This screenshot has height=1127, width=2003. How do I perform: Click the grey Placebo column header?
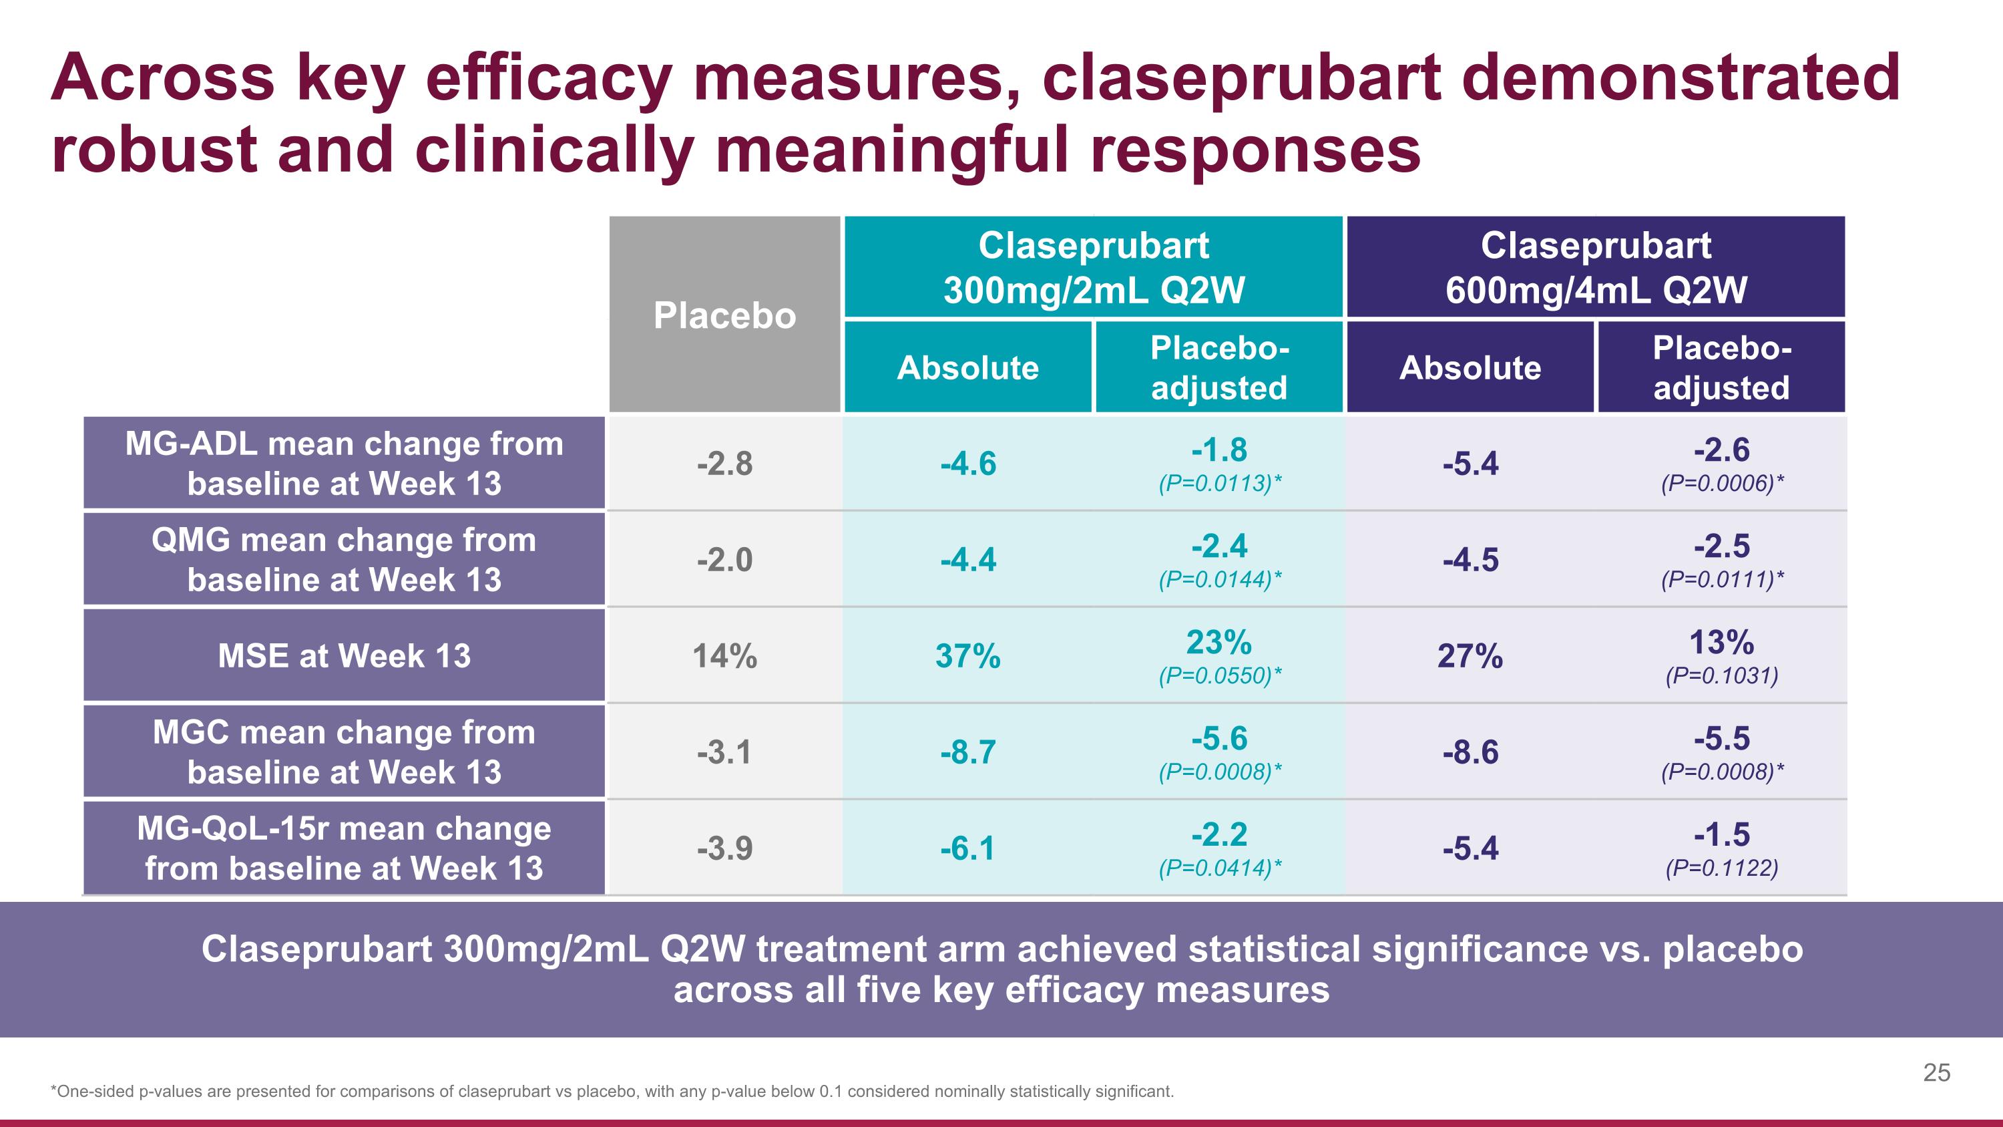click(x=724, y=315)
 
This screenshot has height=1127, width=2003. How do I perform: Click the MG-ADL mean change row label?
click(x=344, y=463)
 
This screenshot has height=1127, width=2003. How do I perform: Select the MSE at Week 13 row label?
click(x=344, y=655)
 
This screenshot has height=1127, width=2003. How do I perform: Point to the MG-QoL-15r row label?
click(x=344, y=848)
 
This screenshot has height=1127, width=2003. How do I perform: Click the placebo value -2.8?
click(x=724, y=464)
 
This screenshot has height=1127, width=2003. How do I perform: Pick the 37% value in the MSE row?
click(x=967, y=657)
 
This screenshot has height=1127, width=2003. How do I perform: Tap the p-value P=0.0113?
click(x=1219, y=484)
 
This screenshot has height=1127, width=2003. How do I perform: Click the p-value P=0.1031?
click(x=1721, y=676)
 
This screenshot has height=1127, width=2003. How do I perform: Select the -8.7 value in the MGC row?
click(x=967, y=752)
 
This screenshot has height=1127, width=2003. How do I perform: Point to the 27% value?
click(x=1470, y=657)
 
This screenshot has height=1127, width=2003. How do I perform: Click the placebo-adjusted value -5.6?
click(x=1219, y=738)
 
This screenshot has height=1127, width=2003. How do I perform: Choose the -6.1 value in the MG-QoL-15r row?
click(x=967, y=848)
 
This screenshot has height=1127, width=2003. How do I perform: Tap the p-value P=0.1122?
click(x=1721, y=868)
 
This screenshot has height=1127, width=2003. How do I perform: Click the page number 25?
click(x=1936, y=1073)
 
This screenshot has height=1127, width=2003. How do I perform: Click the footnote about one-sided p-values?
click(x=612, y=1091)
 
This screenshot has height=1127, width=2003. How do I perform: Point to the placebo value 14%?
click(x=724, y=657)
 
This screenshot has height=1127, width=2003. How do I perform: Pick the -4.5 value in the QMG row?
click(x=1470, y=560)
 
